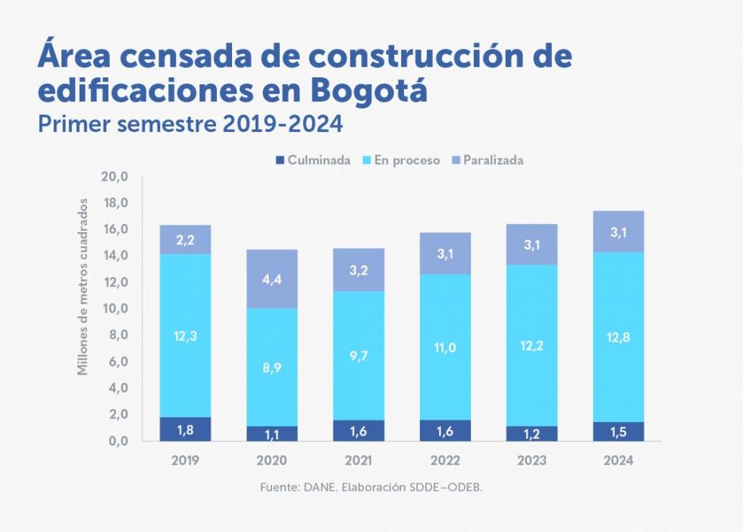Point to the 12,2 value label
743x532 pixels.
531,345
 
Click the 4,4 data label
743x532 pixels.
271,279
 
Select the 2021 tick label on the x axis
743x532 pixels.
358,460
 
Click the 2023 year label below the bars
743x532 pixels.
531,460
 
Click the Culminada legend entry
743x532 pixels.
313,160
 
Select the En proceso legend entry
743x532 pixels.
401,160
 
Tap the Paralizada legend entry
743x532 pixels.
487,160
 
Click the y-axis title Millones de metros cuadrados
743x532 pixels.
83,286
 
